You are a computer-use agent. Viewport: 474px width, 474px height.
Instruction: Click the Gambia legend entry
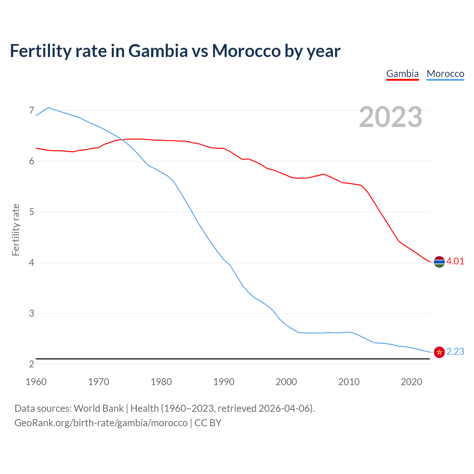pos(402,74)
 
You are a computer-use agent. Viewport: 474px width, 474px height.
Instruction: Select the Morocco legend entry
pos(445,74)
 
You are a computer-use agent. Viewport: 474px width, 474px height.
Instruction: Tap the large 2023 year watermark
pos(390,117)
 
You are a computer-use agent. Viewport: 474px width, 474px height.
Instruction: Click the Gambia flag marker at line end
pos(439,262)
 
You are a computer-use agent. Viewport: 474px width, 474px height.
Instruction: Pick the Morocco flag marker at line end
pos(439,352)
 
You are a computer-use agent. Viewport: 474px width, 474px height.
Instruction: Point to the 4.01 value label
pos(455,261)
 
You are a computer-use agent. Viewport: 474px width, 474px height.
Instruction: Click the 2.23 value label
pos(455,352)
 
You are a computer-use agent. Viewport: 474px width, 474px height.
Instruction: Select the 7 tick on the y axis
pos(31,110)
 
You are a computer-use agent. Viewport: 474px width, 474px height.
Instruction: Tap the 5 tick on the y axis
pos(31,212)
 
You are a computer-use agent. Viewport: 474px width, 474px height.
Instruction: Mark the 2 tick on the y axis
pos(31,364)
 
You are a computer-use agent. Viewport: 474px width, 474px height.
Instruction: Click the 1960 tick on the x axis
pos(36,382)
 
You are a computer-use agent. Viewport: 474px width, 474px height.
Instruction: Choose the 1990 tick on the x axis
pos(224,382)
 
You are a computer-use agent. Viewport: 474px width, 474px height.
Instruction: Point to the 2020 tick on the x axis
pos(411,382)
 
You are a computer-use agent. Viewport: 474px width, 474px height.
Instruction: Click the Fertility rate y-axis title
pos(16,230)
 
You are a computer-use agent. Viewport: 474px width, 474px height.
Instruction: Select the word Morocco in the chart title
pos(246,51)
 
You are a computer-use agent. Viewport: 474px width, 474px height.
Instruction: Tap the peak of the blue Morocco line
pos(48,108)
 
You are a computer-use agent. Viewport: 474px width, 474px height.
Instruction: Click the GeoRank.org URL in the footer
pos(101,423)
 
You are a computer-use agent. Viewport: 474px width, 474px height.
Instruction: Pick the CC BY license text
pos(208,423)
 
